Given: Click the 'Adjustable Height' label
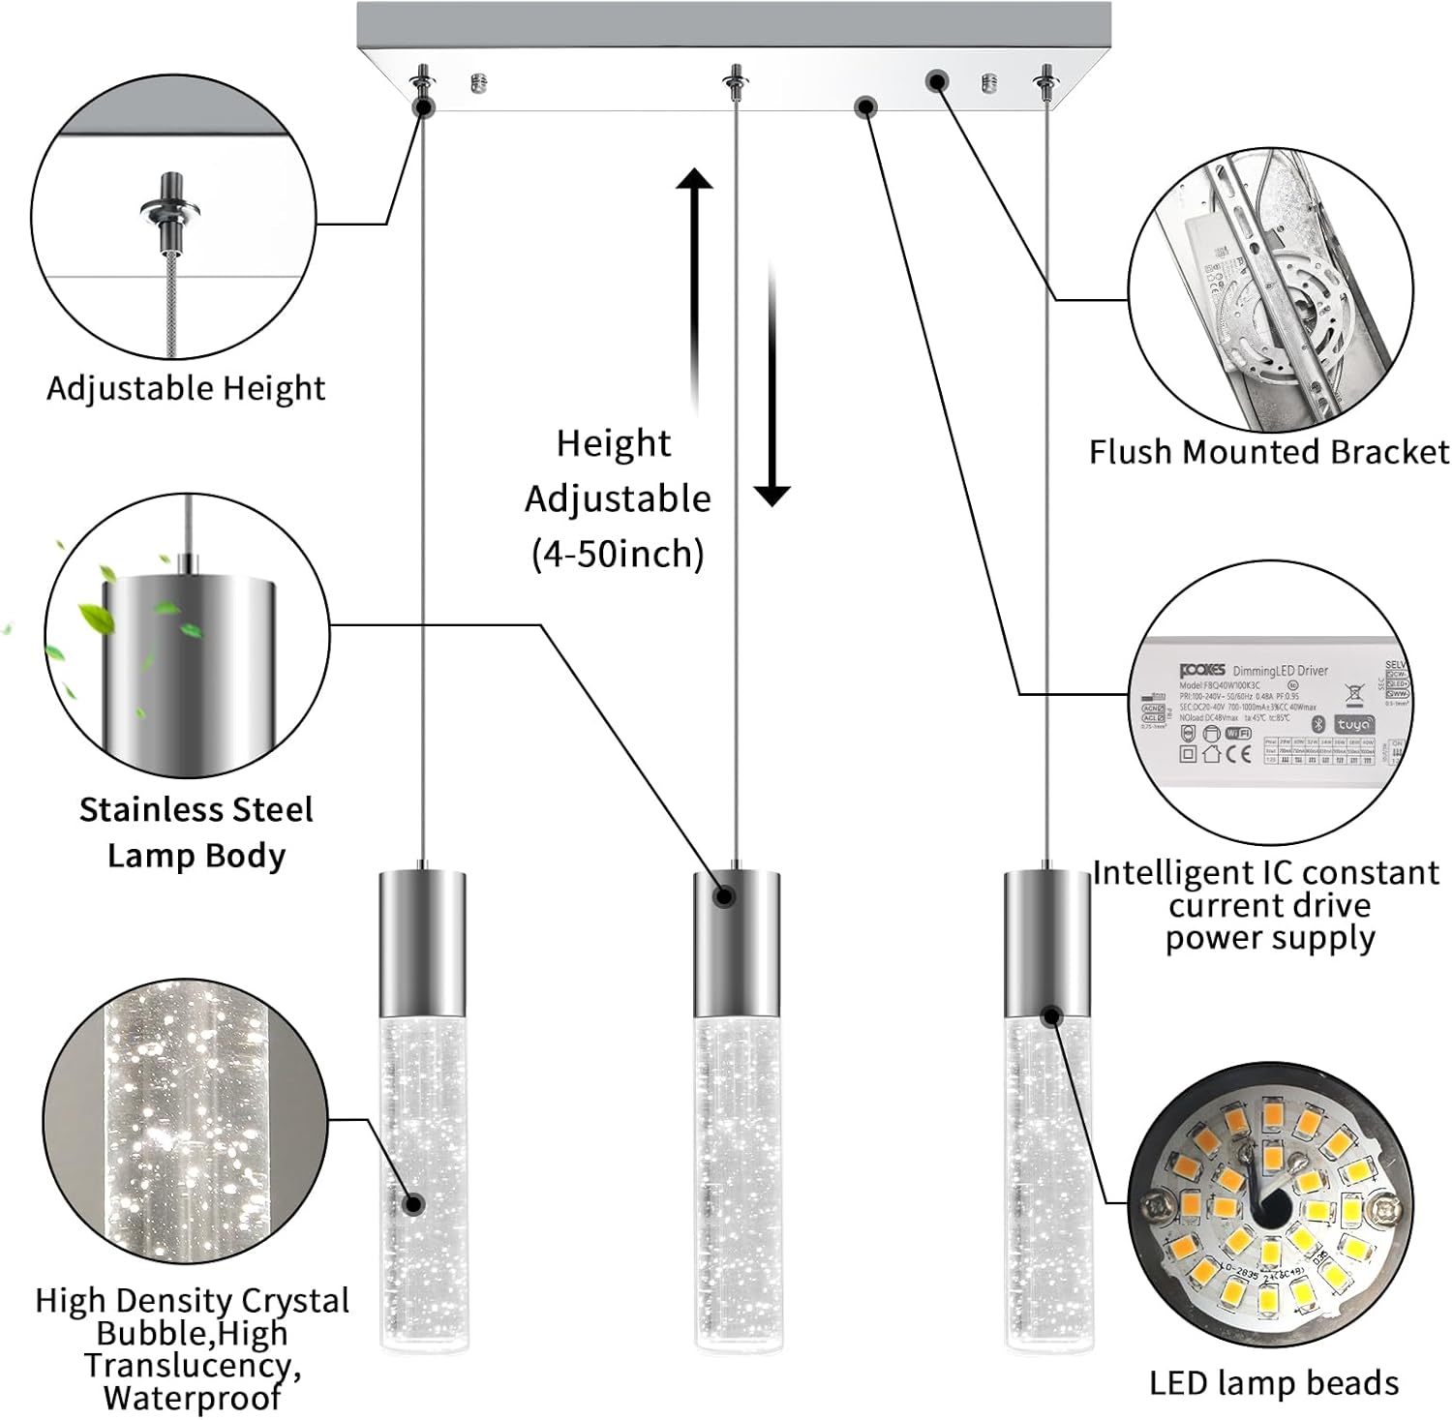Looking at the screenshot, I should pyautogui.click(x=185, y=388).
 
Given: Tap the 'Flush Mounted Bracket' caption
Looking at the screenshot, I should pyautogui.click(x=1268, y=452).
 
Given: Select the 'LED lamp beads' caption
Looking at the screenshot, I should pyautogui.click(x=1273, y=1383).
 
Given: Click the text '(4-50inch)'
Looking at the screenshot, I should pyautogui.click(x=618, y=554).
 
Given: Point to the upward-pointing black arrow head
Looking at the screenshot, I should pyautogui.click(x=694, y=180).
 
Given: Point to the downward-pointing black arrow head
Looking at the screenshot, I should pyautogui.click(x=771, y=495).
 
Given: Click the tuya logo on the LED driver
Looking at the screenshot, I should pyautogui.click(x=1352, y=724).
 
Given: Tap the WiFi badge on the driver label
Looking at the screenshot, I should pyautogui.click(x=1238, y=734).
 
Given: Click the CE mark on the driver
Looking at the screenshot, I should pyautogui.click(x=1240, y=754).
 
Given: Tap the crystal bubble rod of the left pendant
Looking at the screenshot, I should pyautogui.click(x=422, y=1181).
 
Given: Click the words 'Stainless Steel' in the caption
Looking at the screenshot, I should pyautogui.click(x=197, y=809).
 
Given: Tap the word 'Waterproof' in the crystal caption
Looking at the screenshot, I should pyautogui.click(x=192, y=1398).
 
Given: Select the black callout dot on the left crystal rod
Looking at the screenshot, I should pyautogui.click(x=414, y=1204).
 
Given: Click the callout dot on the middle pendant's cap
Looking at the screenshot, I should pyautogui.click(x=723, y=896).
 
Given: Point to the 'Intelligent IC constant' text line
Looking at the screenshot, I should pyautogui.click(x=1265, y=873).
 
